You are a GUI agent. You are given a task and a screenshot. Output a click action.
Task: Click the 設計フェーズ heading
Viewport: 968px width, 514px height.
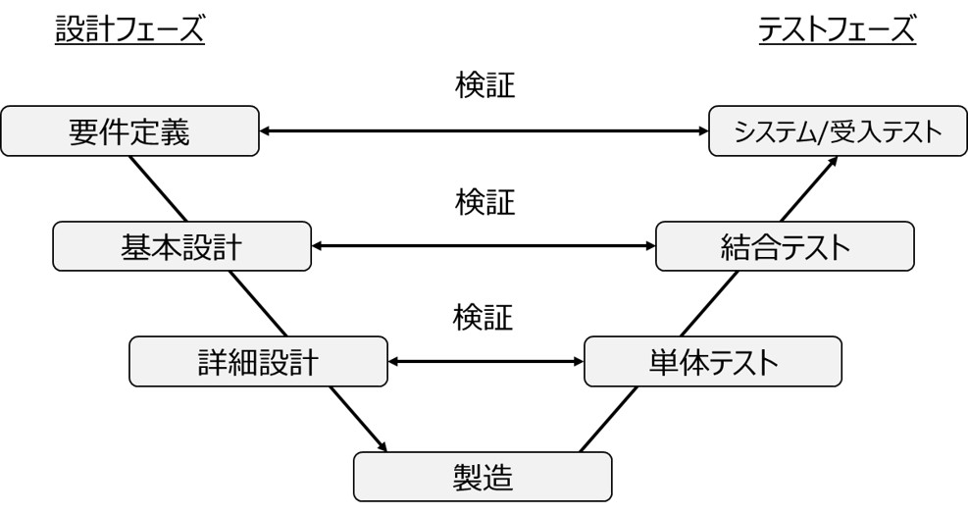128,31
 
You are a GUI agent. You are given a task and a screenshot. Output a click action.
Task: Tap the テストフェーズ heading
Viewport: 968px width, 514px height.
837,31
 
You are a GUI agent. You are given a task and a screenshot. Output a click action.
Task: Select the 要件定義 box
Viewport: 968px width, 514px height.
130,131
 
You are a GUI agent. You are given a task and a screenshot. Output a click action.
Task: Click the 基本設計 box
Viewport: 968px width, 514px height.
181,246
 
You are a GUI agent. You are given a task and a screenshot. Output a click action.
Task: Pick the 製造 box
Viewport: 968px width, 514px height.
483,477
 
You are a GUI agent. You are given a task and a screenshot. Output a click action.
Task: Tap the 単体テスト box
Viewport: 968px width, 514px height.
712,362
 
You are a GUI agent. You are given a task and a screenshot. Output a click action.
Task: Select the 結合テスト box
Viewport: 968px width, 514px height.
784,246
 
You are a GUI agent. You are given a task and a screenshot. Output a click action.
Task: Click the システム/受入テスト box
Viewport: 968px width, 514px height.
837,131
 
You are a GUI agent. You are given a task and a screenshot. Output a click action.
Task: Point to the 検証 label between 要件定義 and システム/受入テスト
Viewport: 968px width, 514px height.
484,86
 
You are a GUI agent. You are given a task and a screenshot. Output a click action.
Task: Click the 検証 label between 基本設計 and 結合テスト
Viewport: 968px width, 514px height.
484,202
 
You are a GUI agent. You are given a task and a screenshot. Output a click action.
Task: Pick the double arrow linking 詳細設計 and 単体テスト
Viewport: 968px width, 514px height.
485,362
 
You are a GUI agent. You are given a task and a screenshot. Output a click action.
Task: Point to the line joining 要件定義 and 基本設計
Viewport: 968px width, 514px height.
158,188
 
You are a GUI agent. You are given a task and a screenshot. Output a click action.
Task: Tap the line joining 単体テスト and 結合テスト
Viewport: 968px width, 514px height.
709,303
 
